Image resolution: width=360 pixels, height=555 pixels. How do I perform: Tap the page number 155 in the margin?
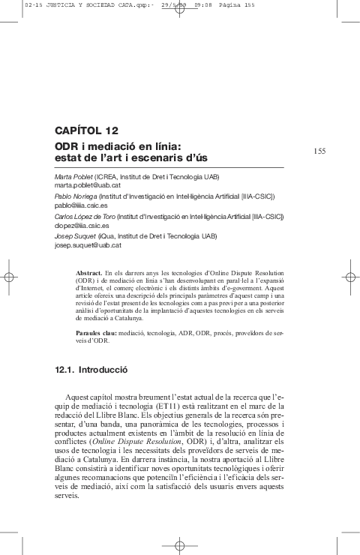(319, 151)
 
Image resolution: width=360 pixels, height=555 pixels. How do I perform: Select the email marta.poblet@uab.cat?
(84, 184)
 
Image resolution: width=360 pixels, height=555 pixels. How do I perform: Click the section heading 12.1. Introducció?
(92, 370)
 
